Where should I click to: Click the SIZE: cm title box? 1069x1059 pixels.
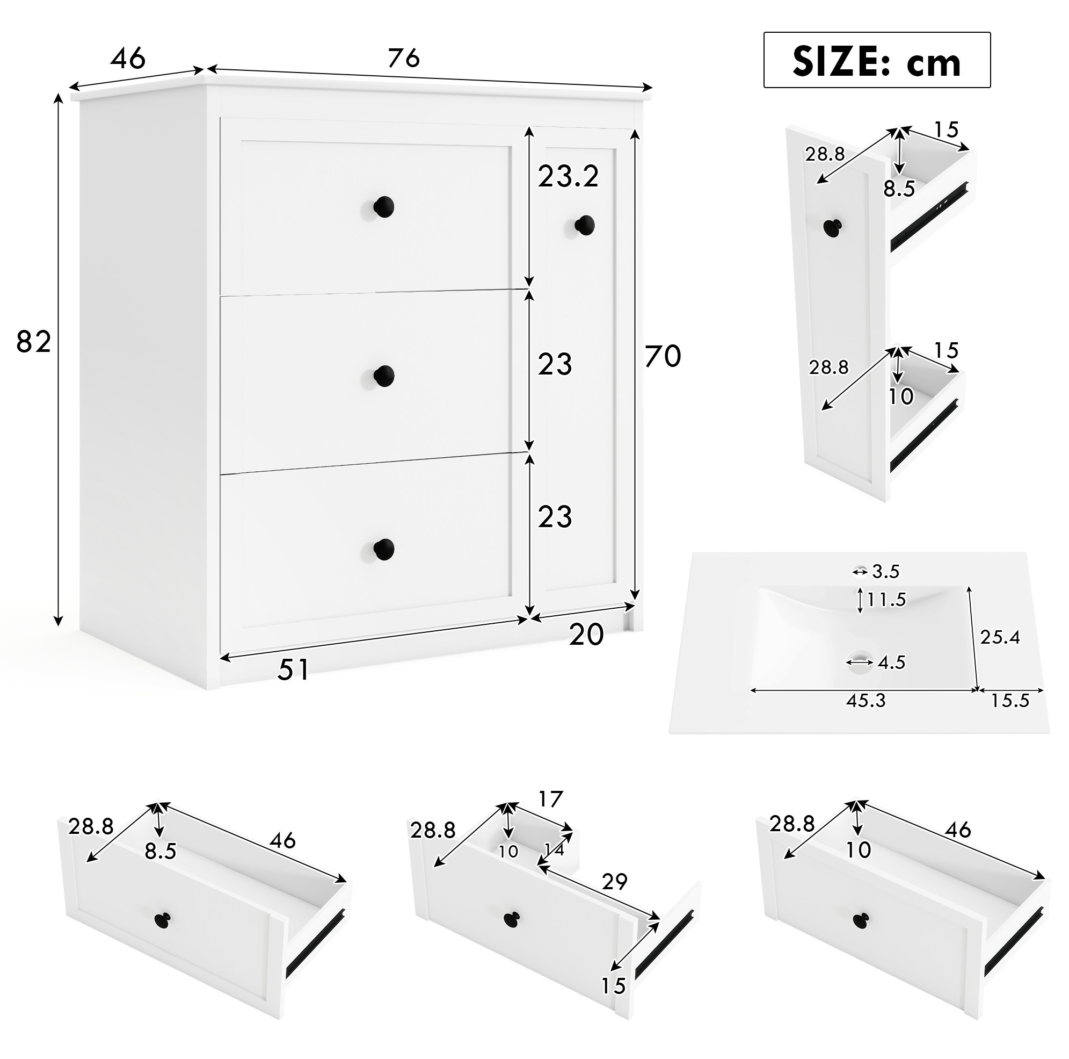tap(876, 60)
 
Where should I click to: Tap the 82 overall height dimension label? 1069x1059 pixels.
tap(34, 342)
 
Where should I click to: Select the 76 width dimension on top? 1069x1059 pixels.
tap(404, 57)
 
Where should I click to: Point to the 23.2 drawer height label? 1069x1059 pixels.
tap(568, 177)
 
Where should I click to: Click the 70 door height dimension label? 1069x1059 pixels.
tap(663, 356)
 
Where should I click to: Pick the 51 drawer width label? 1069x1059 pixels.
tap(293, 669)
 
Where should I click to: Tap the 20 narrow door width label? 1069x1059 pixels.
tap(586, 635)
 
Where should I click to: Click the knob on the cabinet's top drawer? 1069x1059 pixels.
tap(383, 207)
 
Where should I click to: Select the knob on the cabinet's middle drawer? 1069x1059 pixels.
tap(383, 377)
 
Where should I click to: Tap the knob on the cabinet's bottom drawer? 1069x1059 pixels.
tap(383, 549)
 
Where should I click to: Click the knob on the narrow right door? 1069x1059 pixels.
tap(584, 225)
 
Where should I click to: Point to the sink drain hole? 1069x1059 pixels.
tap(859, 661)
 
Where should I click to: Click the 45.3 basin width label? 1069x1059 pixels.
tap(866, 700)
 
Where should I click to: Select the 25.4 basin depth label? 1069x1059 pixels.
tap(1000, 637)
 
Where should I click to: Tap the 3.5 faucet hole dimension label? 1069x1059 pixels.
tap(886, 571)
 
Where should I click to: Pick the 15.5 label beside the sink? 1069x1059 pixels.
tap(1010, 700)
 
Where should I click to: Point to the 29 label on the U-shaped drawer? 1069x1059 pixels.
tap(614, 881)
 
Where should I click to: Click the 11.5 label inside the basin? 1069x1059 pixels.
tap(886, 600)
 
